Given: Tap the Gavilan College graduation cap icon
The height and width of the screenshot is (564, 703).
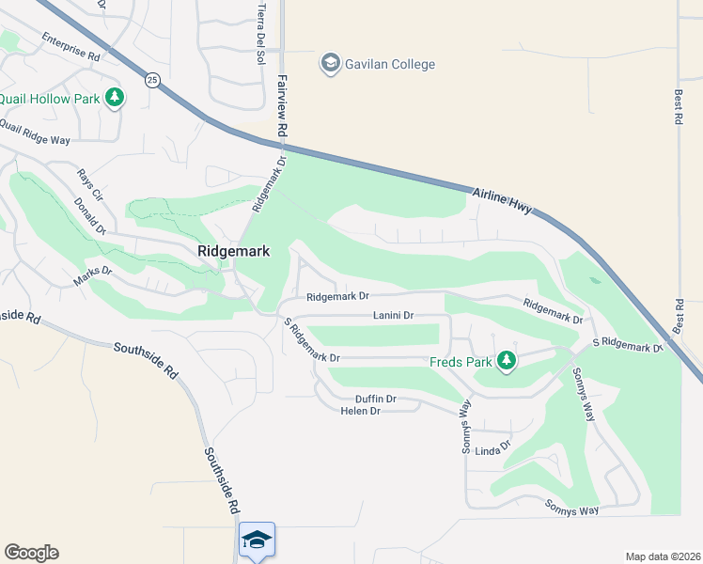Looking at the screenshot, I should tap(330, 64).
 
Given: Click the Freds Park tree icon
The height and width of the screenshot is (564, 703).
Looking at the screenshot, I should tap(507, 360).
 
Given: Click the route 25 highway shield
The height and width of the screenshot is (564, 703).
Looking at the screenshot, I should tap(151, 81).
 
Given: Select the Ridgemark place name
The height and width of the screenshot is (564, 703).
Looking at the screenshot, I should tap(234, 252).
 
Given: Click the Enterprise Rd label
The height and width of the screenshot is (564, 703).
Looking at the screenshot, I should tap(70, 48).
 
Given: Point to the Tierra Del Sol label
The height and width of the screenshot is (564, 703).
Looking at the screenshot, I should tap(261, 33).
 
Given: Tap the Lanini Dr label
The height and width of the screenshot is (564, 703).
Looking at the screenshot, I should tap(393, 316).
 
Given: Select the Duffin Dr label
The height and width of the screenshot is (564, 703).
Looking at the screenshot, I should tap(376, 399).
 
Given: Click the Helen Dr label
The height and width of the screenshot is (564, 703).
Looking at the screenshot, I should tap(360, 412).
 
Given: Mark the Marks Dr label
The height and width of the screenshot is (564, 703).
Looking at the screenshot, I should tap(93, 275).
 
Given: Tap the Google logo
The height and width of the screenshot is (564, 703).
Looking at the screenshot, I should tap(31, 553).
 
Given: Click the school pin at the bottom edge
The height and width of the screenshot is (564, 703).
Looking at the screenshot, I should tap(257, 540).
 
